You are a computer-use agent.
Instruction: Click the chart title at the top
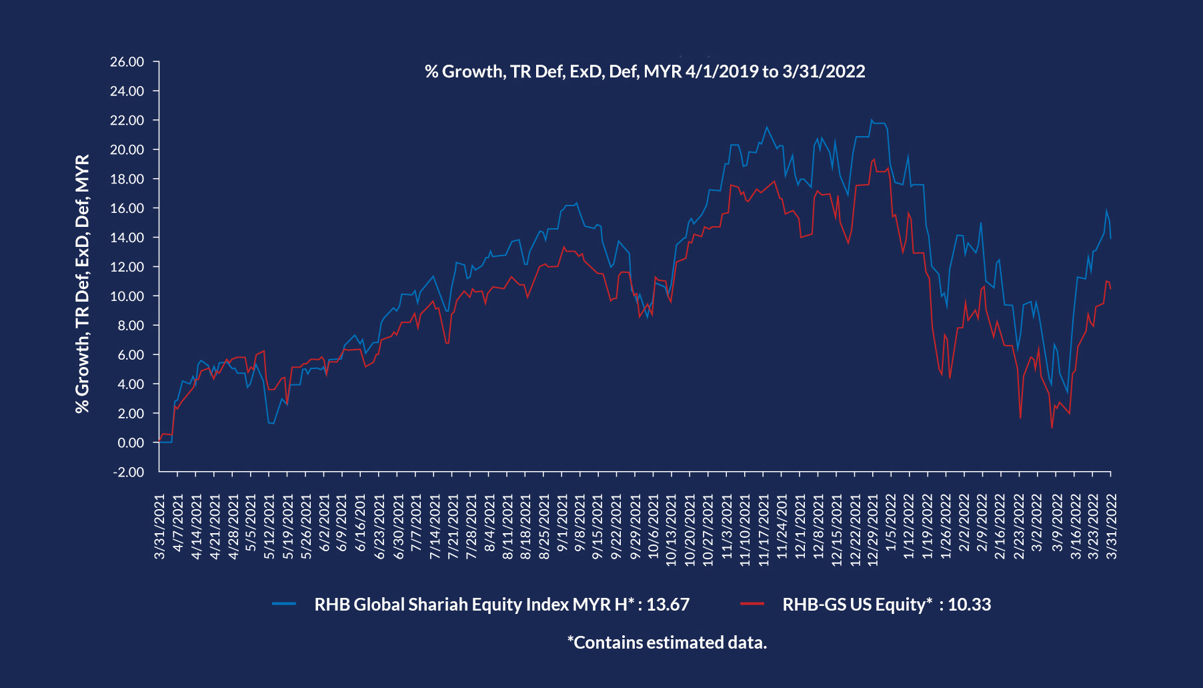coord(645,71)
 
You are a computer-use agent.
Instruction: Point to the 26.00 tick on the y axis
coord(127,62)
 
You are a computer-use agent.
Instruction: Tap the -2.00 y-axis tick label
coord(128,472)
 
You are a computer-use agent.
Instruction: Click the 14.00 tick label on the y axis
coord(127,238)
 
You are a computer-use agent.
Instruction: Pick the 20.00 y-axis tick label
coord(127,149)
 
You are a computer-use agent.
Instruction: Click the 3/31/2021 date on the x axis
coord(160,527)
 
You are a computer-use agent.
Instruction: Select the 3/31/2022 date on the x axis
coord(1112,527)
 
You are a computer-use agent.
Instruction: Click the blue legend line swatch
coord(284,604)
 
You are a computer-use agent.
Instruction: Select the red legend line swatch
coord(752,604)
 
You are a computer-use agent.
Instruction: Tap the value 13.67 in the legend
coord(668,605)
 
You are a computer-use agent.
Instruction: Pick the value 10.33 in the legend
coord(970,605)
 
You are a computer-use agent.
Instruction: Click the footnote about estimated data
coord(667,643)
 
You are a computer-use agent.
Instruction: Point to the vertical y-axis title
coord(83,284)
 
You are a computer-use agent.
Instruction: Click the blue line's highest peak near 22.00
coord(871,120)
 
